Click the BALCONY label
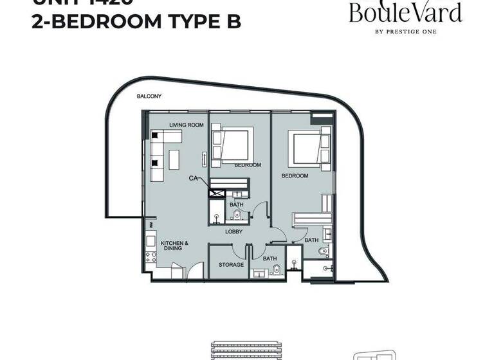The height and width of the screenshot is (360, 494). point(149,96)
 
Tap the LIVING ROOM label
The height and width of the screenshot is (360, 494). point(187,125)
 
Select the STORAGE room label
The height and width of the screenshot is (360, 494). point(230,265)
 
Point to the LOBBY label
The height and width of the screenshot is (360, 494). point(233,231)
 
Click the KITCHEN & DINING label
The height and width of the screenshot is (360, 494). point(174,245)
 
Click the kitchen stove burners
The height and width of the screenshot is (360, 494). point(152,260)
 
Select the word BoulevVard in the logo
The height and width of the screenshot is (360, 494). point(405,13)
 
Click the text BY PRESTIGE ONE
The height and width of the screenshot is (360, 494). point(405,31)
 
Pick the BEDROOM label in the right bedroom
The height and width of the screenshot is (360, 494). point(295,175)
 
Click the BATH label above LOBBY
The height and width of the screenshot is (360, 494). point(236,205)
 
